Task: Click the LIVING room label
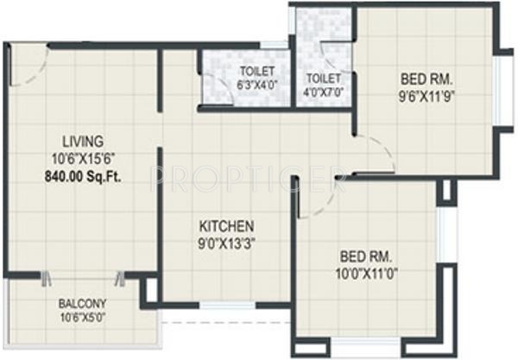[84, 140]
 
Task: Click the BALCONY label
[83, 304]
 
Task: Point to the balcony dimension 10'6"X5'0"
[83, 317]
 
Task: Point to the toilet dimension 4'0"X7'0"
[324, 91]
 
